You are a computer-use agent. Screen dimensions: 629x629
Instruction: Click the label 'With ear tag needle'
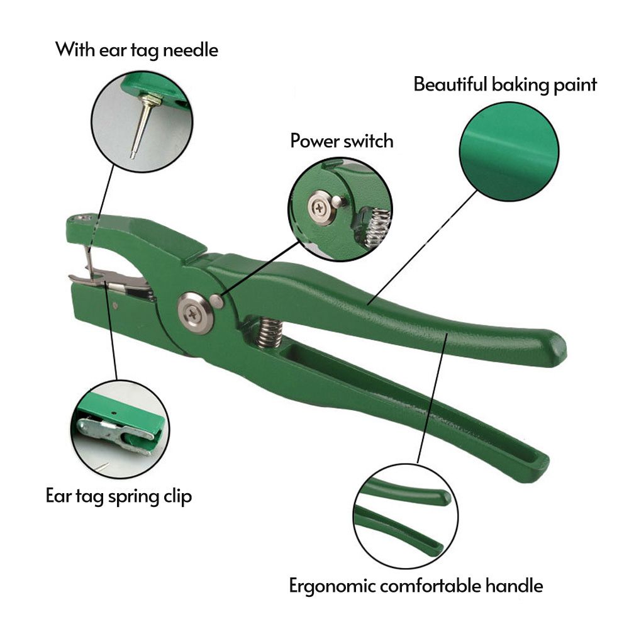(136, 50)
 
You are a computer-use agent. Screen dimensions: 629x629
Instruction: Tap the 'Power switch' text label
(342, 140)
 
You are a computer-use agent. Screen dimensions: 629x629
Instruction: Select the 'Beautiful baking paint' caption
(505, 84)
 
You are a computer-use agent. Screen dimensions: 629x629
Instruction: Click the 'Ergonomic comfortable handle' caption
(416, 586)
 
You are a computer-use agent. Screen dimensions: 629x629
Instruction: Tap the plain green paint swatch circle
(509, 152)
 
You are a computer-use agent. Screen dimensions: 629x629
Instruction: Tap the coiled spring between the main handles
(269, 331)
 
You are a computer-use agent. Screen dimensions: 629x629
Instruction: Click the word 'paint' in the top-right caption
(574, 84)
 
